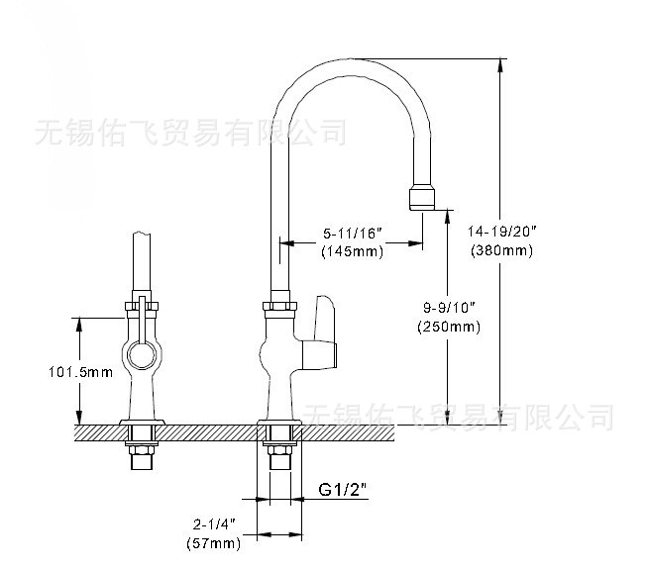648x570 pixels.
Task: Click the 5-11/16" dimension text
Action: [354, 234]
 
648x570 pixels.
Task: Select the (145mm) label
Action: [354, 251]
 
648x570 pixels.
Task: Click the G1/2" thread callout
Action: [343, 489]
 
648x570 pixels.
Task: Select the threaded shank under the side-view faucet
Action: [140, 459]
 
